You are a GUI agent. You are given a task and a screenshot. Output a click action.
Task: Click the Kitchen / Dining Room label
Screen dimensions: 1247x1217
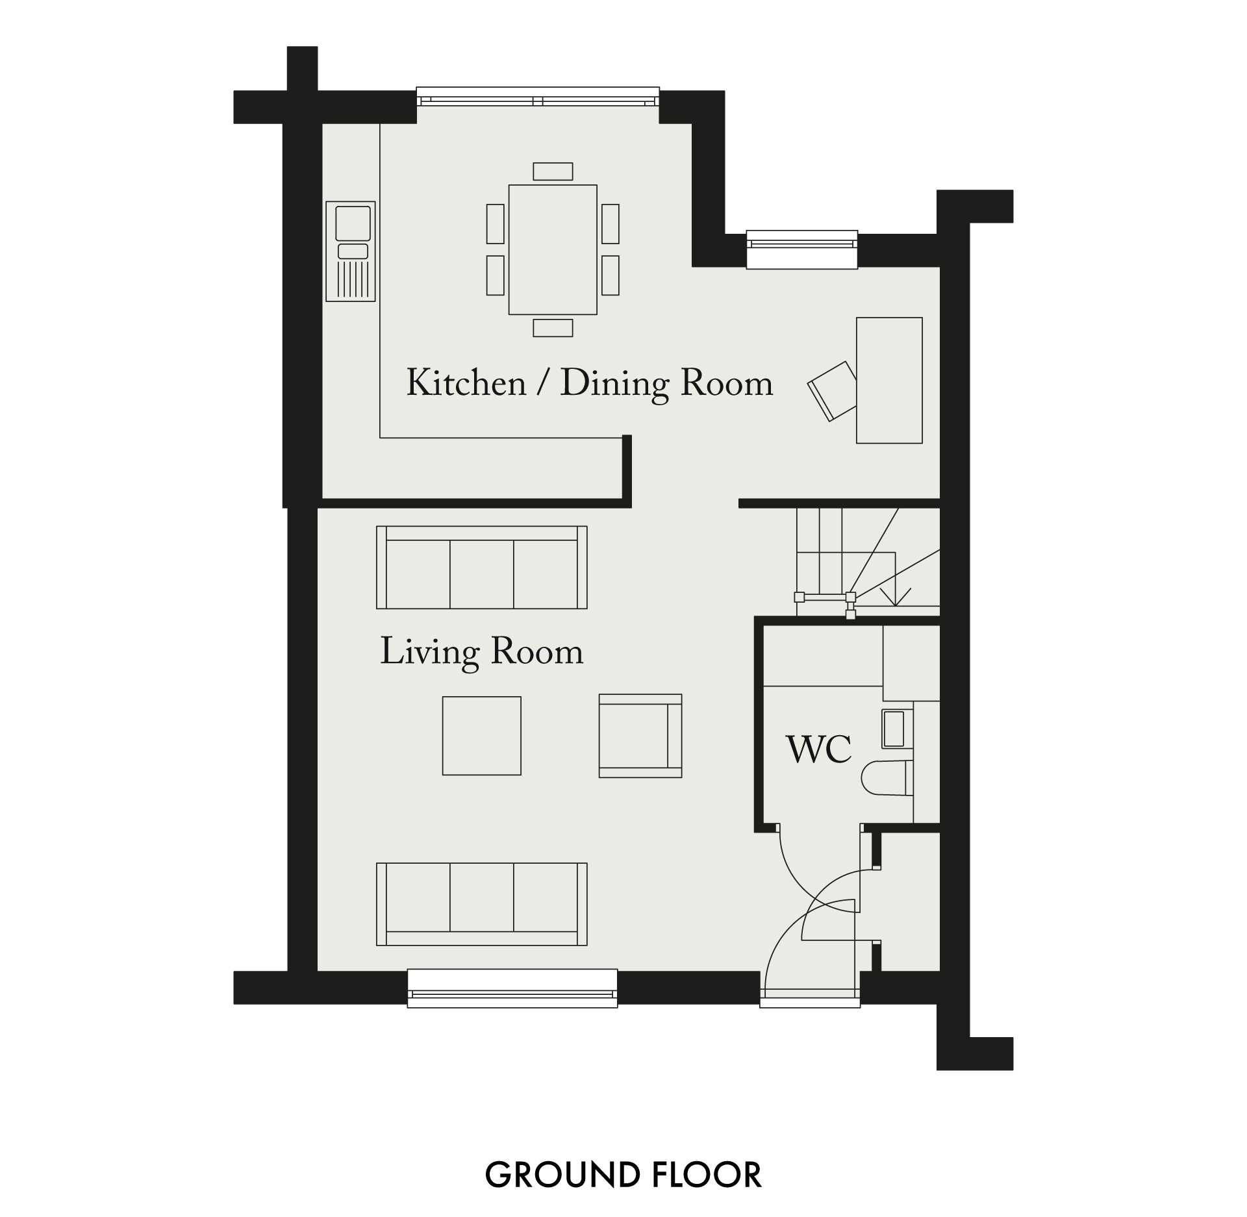(590, 383)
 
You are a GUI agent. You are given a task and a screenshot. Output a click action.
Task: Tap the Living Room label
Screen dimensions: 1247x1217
(481, 652)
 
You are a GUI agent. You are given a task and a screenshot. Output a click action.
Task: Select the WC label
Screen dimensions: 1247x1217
(818, 749)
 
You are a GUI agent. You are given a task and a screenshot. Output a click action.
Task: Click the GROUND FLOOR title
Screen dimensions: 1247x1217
(623, 1175)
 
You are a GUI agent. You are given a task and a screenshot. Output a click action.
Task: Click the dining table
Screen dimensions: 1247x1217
(553, 250)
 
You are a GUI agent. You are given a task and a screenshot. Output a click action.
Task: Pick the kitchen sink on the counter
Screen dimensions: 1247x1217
(351, 251)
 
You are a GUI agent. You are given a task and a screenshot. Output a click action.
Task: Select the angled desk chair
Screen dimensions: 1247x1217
(833, 391)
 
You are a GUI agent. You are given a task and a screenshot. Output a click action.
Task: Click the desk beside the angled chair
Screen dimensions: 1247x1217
(889, 381)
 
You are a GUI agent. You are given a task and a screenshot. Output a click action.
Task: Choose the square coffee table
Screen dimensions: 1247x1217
(482, 736)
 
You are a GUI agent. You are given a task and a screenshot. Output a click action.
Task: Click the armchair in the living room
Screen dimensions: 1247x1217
(640, 736)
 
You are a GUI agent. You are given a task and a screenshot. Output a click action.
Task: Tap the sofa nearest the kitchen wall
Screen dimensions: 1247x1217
(482, 568)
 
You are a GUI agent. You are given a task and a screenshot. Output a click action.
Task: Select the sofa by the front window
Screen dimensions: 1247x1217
(482, 904)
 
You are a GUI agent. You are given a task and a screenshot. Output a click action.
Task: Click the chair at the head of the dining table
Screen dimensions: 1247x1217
(553, 171)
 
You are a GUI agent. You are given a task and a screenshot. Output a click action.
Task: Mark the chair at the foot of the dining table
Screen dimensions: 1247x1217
(553, 328)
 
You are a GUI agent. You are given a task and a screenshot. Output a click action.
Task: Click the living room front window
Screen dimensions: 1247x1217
(512, 988)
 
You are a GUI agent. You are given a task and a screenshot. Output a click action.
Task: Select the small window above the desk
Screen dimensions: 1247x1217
(802, 249)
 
